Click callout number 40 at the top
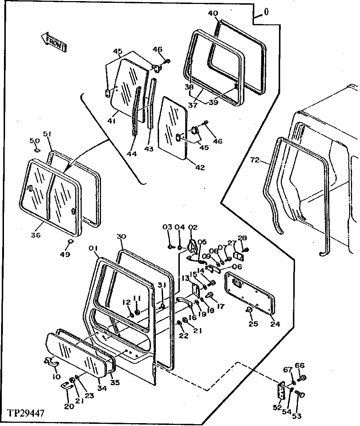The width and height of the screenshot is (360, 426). [x=213, y=13]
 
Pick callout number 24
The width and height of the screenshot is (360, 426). [x=275, y=323]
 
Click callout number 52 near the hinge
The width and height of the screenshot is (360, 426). [x=277, y=408]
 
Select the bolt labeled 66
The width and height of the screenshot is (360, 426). [x=304, y=378]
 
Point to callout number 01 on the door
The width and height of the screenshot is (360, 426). [x=94, y=248]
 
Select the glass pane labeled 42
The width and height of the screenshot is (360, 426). [x=173, y=128]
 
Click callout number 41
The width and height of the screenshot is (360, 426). [x=111, y=122]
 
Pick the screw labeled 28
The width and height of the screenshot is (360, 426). [x=246, y=249]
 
